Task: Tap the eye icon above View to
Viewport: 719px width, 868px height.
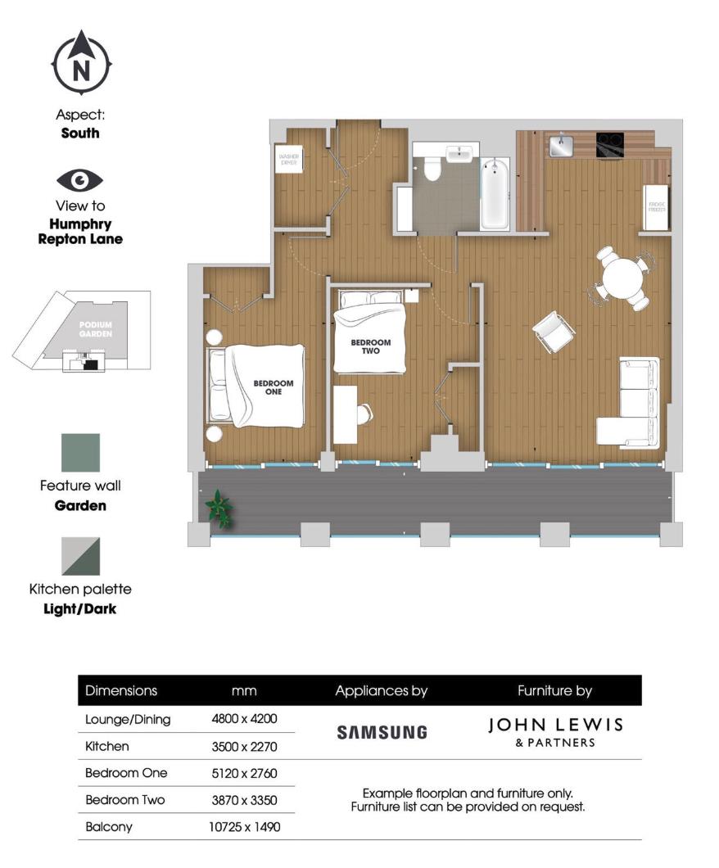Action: [80, 180]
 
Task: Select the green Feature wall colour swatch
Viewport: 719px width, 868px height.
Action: [80, 453]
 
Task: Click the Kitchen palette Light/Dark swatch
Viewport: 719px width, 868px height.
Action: [80, 557]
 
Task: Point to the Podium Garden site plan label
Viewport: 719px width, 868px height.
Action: [95, 329]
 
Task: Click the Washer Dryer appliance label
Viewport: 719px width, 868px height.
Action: [288, 159]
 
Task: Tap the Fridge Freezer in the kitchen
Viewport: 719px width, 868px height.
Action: [657, 206]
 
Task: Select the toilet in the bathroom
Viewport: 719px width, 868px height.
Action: [432, 170]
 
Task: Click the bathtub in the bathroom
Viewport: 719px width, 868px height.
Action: [495, 194]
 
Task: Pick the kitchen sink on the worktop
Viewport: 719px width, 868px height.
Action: [562, 147]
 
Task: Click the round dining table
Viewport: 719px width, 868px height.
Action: [622, 277]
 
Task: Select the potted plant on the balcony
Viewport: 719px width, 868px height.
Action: [219, 508]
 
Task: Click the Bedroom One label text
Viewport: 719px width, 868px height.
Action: [273, 387]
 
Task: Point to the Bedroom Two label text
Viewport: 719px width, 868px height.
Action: [371, 347]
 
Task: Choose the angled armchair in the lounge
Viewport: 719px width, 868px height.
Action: [554, 332]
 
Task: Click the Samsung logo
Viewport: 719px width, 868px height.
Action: [382, 732]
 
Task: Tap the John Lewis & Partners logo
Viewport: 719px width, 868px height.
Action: [554, 731]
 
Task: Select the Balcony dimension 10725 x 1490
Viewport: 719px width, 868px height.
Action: [244, 827]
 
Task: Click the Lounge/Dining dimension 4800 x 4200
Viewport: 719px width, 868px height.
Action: [244, 720]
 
